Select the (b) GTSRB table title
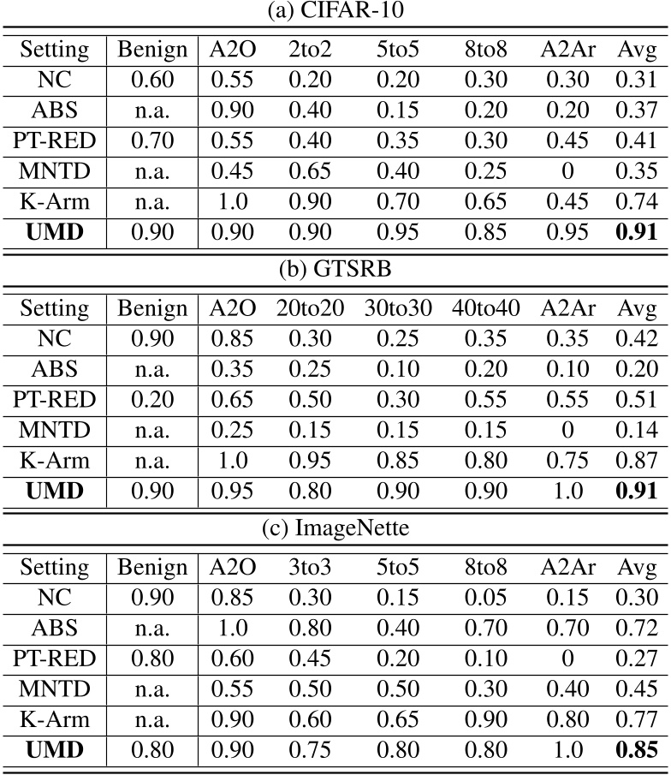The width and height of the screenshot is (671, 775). tap(335, 271)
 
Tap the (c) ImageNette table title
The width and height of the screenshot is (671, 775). tap(335, 530)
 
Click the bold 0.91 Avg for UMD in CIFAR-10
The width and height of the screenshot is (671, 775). tap(636, 230)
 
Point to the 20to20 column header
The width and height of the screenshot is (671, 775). tap(309, 307)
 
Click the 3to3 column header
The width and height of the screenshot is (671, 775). tap(309, 566)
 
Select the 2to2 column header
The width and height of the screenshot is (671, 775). tap(309, 50)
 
